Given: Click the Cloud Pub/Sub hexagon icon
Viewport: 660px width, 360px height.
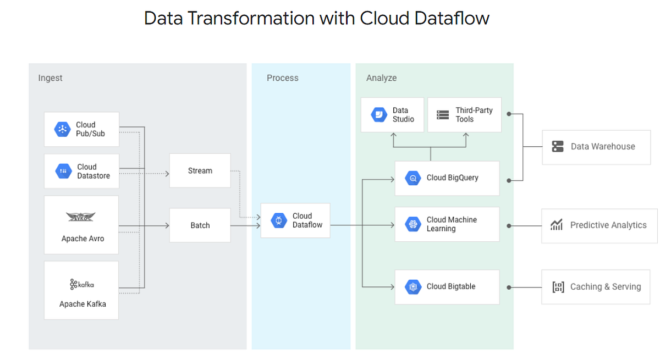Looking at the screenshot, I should tap(62, 130).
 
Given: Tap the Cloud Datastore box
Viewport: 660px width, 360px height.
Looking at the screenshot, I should tap(81, 171).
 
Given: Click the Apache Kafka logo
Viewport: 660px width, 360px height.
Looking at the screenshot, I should tap(81, 284).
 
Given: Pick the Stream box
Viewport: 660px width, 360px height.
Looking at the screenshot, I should tap(200, 171).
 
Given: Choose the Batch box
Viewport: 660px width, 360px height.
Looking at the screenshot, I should tap(200, 225).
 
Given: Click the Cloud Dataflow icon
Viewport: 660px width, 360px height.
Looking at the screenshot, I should tap(279, 220).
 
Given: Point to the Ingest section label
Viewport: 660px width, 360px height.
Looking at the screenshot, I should tap(50, 78).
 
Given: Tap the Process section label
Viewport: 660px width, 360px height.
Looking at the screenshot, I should tap(282, 78).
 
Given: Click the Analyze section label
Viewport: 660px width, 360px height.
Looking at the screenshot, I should tap(381, 78).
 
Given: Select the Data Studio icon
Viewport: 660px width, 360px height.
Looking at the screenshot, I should tap(379, 115).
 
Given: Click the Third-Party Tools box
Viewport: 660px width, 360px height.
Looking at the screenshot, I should tap(464, 115).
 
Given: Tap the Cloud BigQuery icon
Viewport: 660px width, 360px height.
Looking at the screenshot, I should tap(413, 178).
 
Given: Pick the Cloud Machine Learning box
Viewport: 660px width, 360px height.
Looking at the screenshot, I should tap(447, 224).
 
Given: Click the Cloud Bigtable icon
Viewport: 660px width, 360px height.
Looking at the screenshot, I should tap(413, 287).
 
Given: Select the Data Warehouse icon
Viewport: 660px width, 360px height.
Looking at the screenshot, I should tap(558, 147).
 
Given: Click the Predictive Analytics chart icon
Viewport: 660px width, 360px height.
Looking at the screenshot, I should tap(557, 225).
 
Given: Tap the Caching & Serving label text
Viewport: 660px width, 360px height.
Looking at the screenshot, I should tap(605, 287).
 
